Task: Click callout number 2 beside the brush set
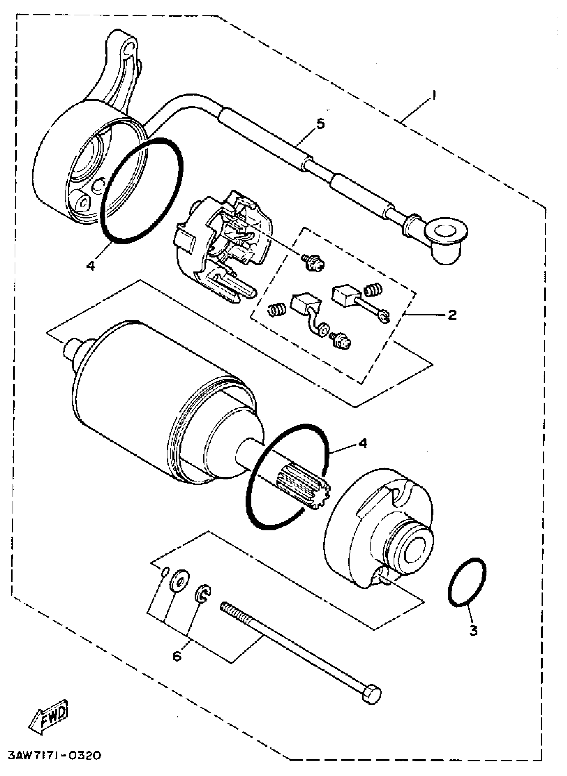point(452,314)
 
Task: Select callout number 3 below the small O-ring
point(473,630)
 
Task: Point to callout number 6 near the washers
point(177,656)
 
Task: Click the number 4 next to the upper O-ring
point(91,265)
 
